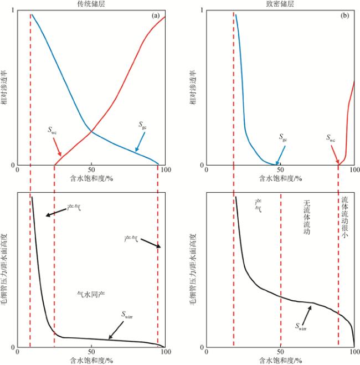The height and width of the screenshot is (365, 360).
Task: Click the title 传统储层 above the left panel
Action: click(x=91, y=4)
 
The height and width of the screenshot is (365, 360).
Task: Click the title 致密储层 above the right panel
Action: click(x=280, y=4)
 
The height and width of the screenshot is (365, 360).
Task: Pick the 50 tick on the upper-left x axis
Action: click(x=91, y=170)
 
